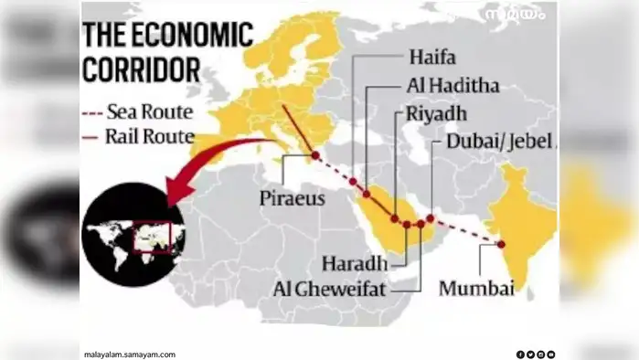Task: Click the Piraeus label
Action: pos(291,198)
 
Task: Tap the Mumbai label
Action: pos(477,289)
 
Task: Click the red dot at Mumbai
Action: pos(501,243)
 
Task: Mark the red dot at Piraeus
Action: pos(316,156)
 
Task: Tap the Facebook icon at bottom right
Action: pos(520,354)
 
